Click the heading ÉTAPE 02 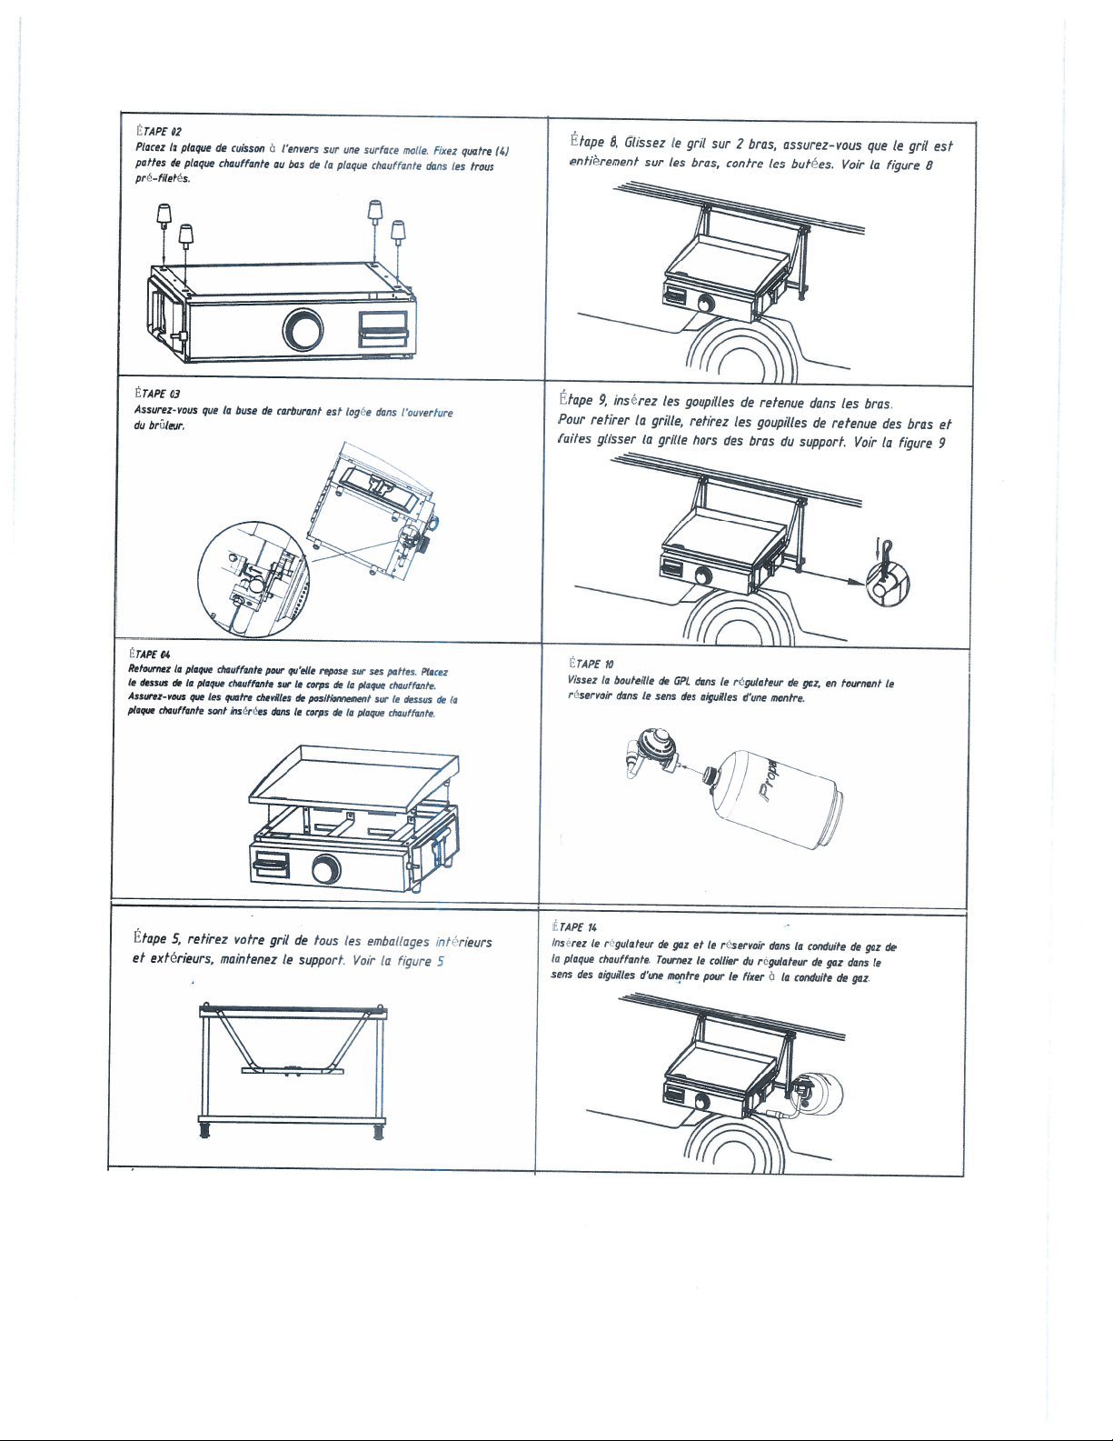point(158,131)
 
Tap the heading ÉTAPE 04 point(150,655)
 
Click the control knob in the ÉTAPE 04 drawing point(326,869)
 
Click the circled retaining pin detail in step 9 point(888,583)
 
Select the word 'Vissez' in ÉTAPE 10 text point(581,681)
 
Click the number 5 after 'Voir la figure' point(440,961)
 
